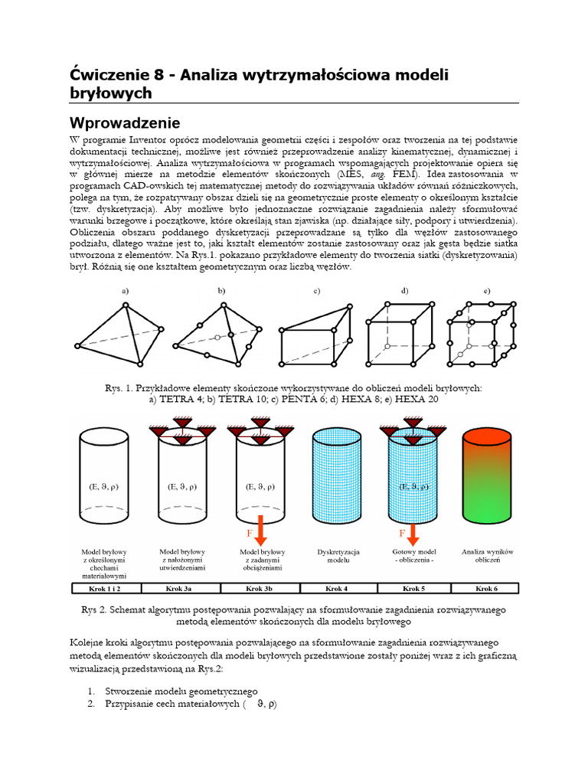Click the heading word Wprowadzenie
coord(125,122)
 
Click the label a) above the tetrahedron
coord(125,291)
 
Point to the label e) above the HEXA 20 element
coord(486,291)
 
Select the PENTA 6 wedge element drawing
coord(315,335)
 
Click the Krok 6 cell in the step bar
coord(486,589)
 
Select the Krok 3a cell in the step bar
coord(184,589)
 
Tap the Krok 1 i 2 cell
coord(108,589)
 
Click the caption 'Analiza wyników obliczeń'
coord(486,556)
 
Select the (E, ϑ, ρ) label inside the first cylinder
coord(108,486)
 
